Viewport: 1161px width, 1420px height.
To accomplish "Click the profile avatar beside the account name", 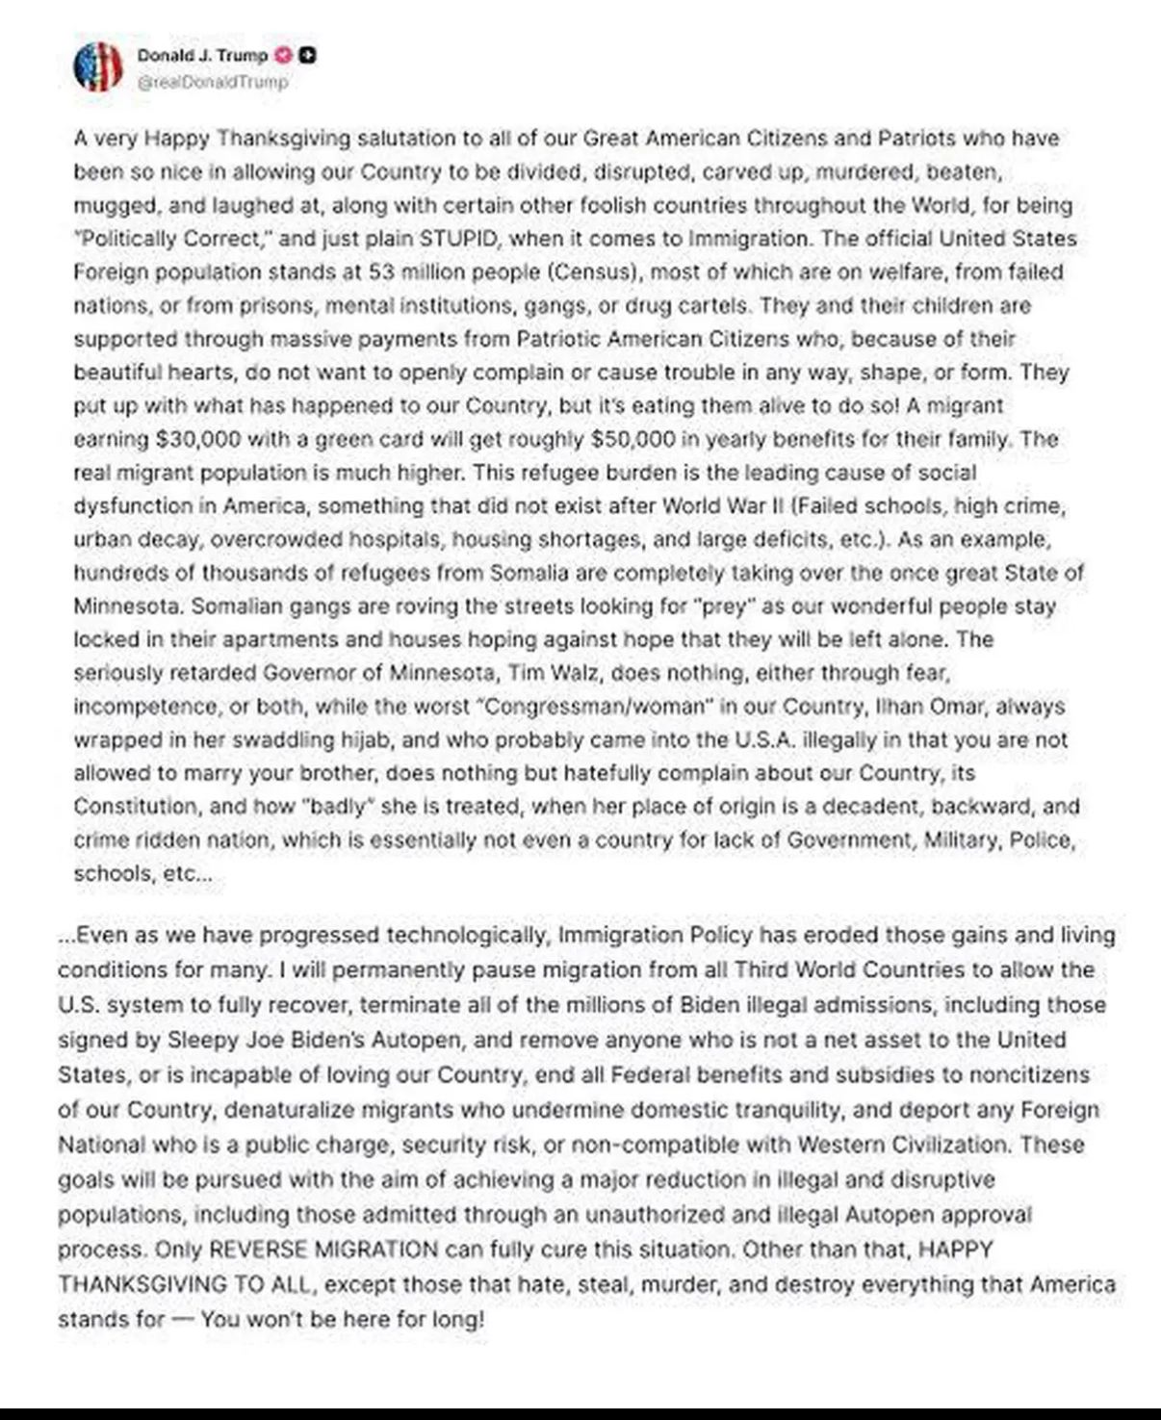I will click(98, 66).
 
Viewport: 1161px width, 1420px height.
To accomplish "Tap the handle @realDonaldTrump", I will click(213, 82).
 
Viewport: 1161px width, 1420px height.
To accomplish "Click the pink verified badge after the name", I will click(284, 55).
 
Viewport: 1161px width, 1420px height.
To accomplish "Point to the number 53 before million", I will click(382, 271).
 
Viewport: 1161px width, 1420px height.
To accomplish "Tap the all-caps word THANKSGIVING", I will click(156, 1284).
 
